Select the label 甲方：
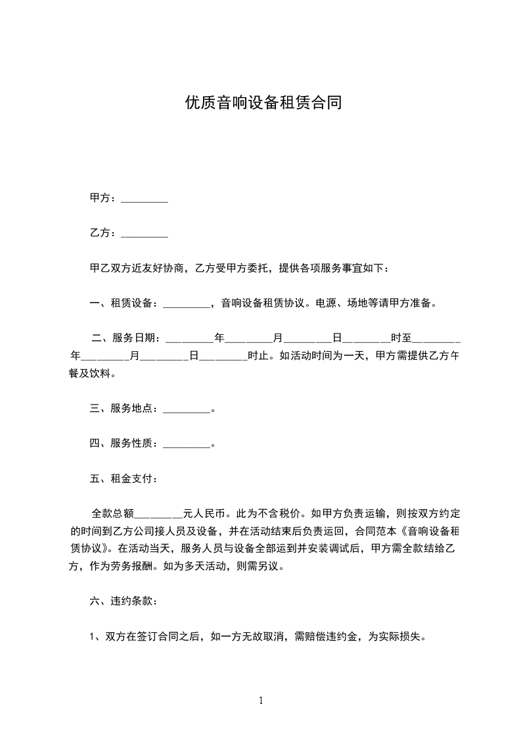pos(104,198)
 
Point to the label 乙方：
pos(104,233)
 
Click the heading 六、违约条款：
pos(124,601)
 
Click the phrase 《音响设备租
pos(433,531)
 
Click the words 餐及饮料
pos(91,374)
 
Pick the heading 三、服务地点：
pos(124,408)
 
